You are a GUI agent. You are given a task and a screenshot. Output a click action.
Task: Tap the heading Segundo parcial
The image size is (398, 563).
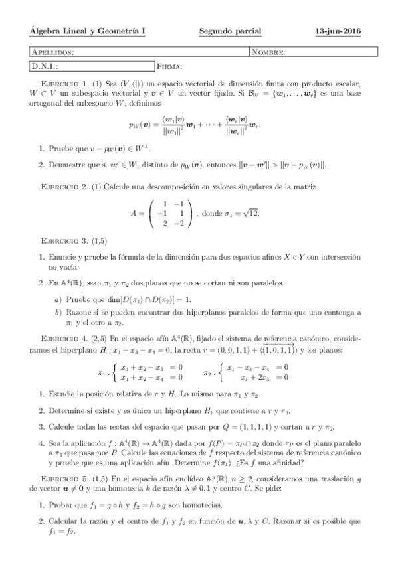pos(230,31)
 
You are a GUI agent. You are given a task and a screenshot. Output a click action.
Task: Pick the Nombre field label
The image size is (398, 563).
pos(269,52)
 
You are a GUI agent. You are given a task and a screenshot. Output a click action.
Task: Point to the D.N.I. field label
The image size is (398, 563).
pos(45,66)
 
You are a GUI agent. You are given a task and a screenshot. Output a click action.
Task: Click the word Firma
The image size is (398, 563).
pos(171,66)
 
